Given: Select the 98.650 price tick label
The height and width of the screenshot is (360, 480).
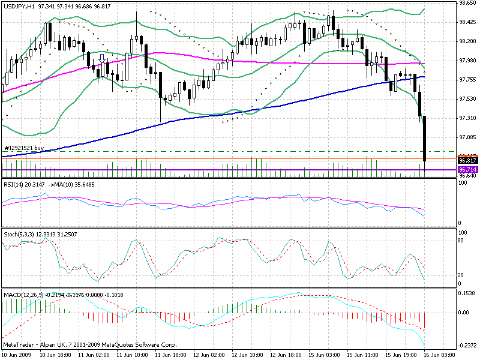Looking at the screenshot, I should tap(467, 3).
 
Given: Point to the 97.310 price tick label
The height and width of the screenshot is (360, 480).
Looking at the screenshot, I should tap(467, 118).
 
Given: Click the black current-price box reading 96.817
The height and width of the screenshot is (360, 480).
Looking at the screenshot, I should tap(467, 161).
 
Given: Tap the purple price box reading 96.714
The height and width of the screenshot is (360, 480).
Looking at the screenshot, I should tap(467, 170).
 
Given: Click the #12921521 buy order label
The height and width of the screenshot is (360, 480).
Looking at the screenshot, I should tap(24, 148).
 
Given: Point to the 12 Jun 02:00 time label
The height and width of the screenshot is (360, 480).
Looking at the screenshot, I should tap(209, 355).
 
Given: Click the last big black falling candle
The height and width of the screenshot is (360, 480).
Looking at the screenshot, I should tap(424, 138).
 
